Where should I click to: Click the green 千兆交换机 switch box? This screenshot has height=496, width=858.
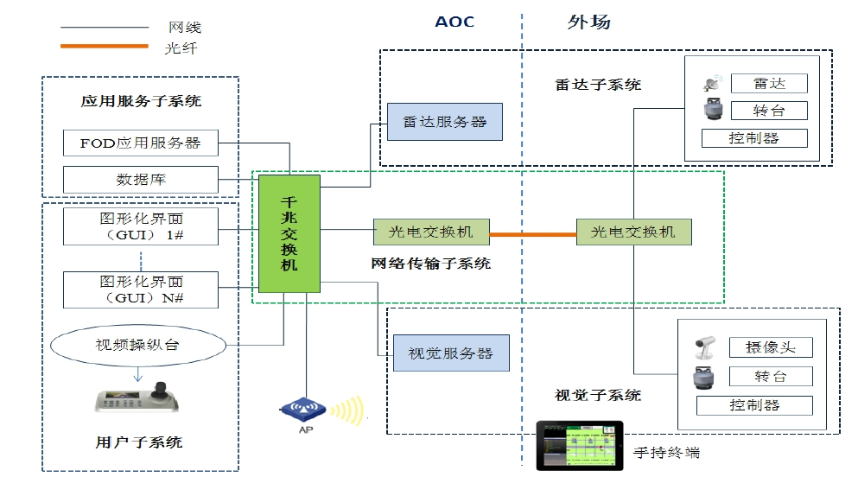289,233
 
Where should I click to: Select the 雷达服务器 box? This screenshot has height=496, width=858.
445,122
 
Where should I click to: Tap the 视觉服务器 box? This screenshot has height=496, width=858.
450,353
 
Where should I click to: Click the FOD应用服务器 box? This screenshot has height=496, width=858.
140,143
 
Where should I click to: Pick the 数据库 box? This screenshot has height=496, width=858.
140,180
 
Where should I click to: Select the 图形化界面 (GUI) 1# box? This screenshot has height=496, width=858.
140,226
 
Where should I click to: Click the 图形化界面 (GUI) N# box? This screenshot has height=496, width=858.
140,289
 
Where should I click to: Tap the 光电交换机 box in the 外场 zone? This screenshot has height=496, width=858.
633,232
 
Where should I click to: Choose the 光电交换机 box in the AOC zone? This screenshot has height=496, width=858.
430,232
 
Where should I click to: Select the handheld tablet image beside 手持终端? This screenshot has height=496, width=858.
579,445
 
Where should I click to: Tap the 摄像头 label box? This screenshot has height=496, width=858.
770,347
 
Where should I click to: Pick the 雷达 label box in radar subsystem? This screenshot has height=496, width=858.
768,84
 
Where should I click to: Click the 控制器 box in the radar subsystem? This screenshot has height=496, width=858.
753,138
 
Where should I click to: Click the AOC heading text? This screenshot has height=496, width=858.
454,22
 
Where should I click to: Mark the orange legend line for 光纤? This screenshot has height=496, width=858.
105,45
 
